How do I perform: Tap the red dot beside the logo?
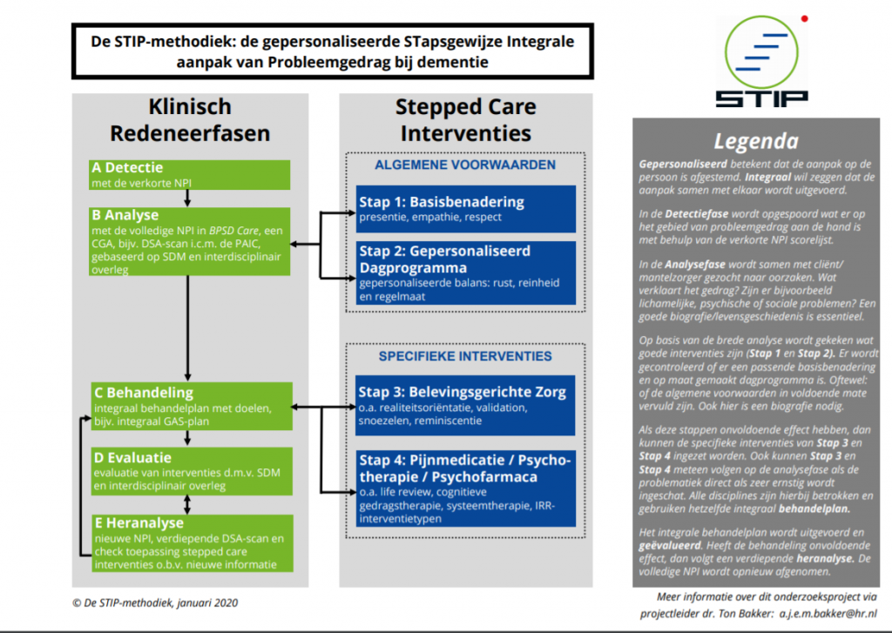[x=804, y=17]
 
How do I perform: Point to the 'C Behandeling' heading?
[x=144, y=393]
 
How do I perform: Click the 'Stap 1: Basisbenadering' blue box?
[x=465, y=208]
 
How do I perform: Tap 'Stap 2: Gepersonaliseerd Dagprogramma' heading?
[x=444, y=259]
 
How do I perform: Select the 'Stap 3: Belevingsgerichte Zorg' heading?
[x=462, y=392]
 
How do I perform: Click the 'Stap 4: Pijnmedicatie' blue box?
[x=465, y=488]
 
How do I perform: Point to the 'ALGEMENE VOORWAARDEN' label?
[x=465, y=165]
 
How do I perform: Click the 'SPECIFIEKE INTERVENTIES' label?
[x=465, y=356]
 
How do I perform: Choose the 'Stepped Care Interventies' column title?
[x=465, y=120]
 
